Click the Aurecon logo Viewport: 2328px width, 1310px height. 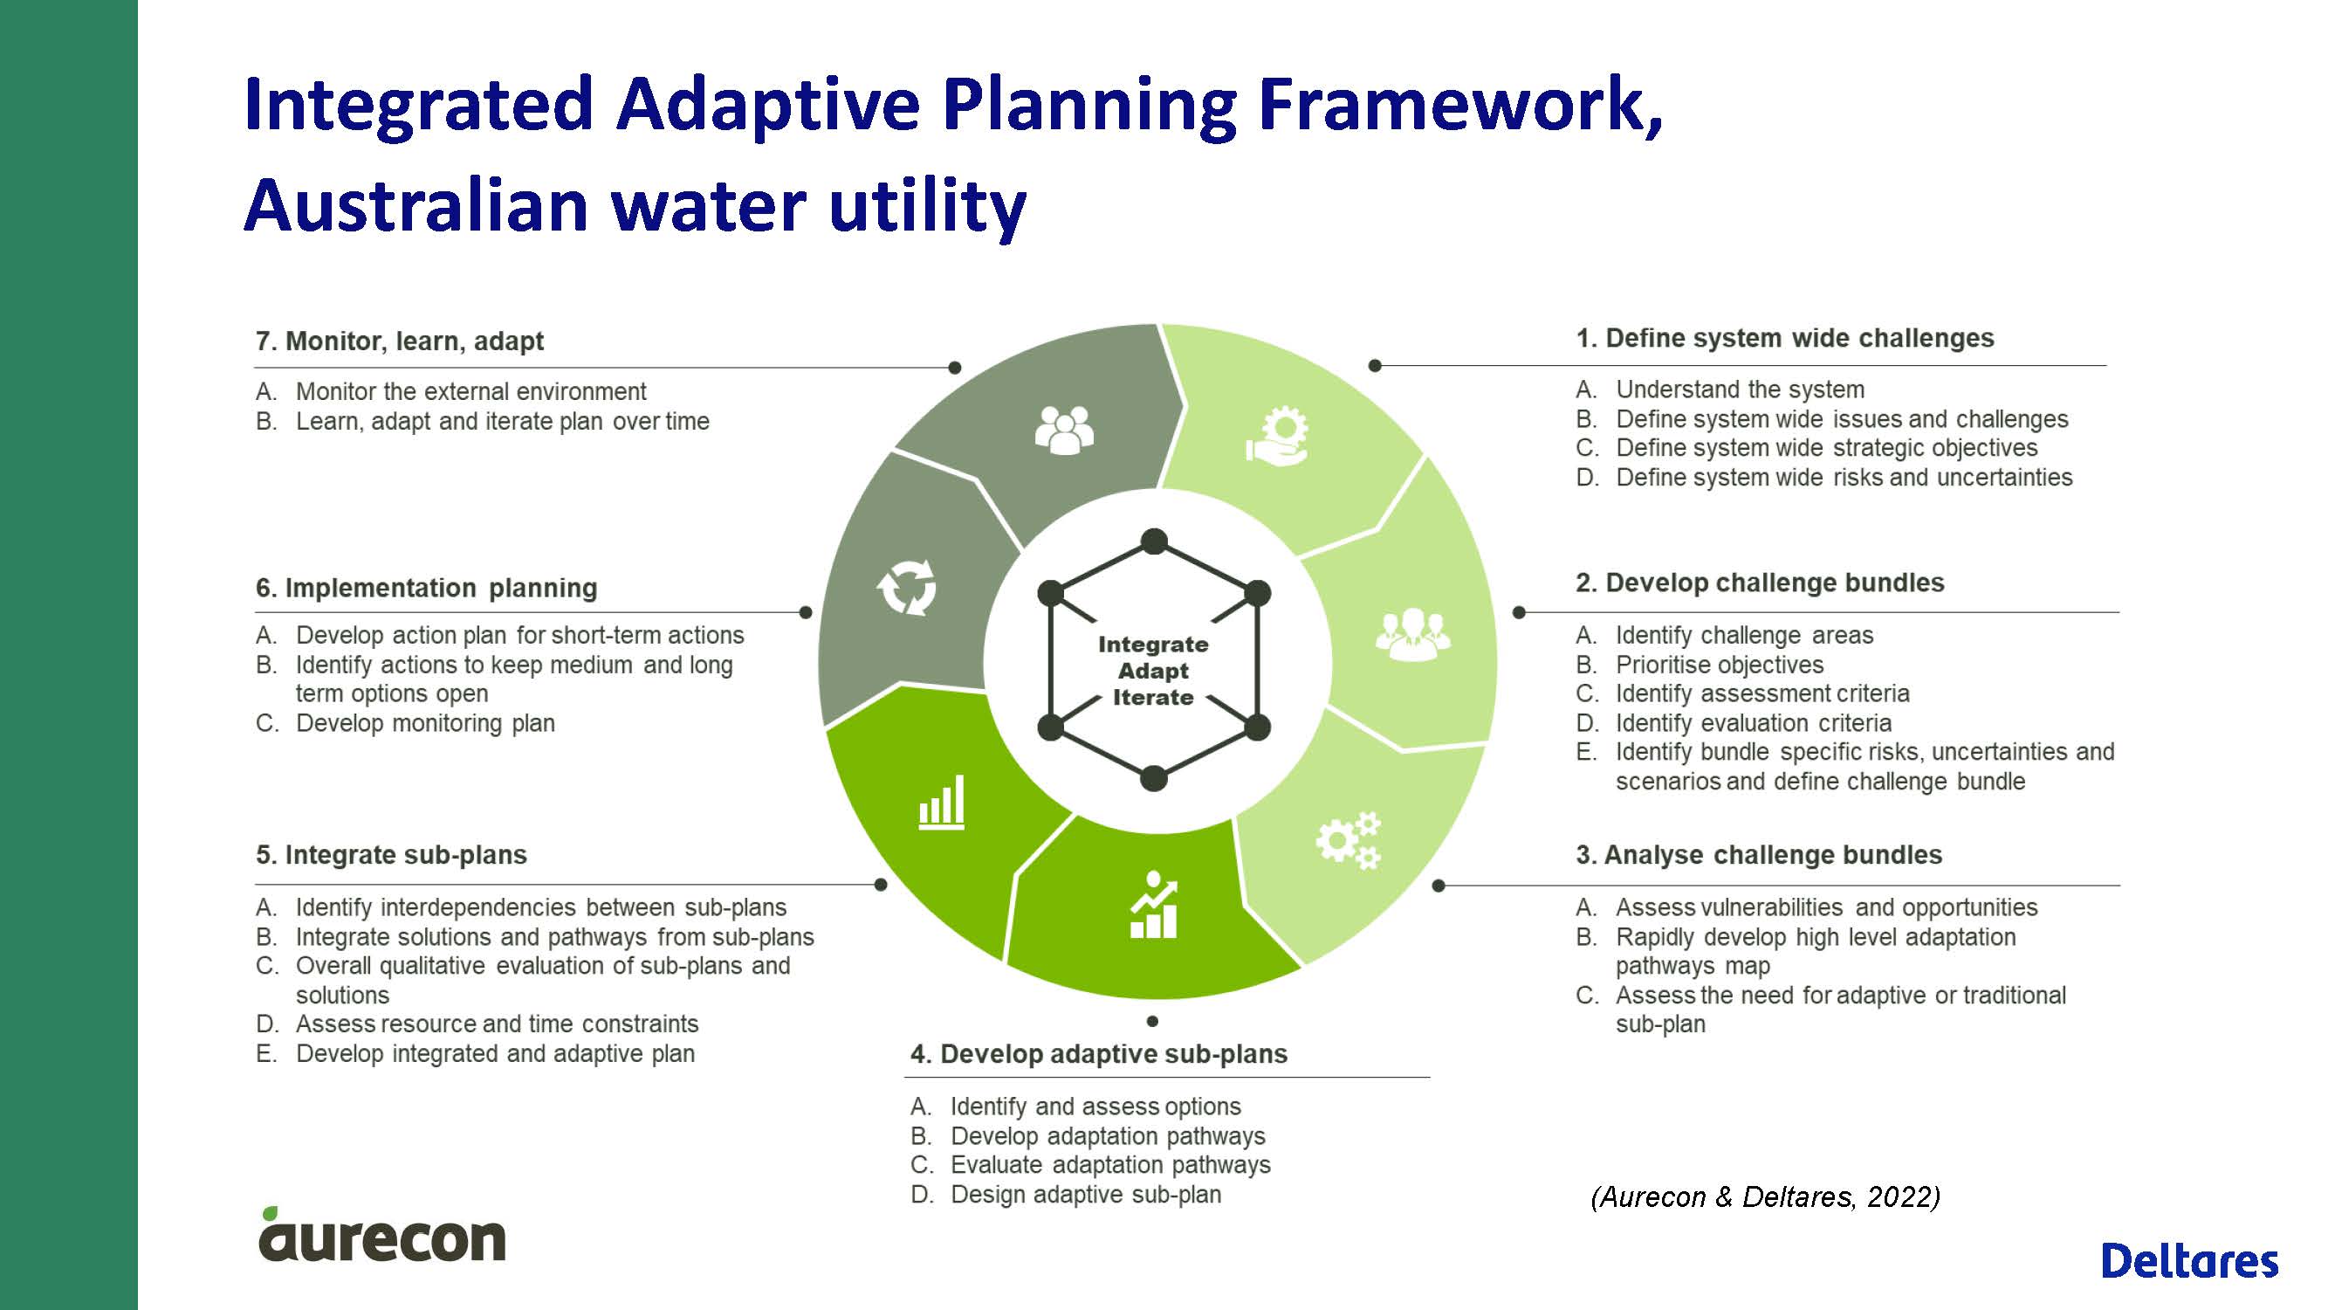coord(381,1234)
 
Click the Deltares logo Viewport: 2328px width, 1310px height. coord(2189,1261)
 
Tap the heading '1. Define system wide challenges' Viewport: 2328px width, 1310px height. coord(1785,338)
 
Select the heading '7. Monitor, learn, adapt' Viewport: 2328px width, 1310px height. coord(400,341)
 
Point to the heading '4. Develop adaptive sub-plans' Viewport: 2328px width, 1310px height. coord(1099,1054)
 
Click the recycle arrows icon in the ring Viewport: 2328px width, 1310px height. coord(906,588)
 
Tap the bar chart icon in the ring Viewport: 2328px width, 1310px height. coord(942,802)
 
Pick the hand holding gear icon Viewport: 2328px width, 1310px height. coord(1277,437)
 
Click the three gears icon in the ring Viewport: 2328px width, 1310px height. coord(1349,840)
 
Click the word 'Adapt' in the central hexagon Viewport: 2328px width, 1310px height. coord(1153,671)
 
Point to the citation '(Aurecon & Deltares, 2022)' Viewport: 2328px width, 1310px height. coord(1765,1197)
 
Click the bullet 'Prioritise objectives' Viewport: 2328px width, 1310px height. coord(1720,665)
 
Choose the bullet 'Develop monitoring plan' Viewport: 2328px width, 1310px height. coord(426,723)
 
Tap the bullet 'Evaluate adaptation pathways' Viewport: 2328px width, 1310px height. coord(1110,1164)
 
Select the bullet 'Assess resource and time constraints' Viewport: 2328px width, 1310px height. coord(497,1024)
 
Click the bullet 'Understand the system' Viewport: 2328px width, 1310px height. coord(1740,390)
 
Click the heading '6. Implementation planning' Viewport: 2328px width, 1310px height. coord(427,589)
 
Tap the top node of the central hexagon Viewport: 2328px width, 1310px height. coord(1154,541)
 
